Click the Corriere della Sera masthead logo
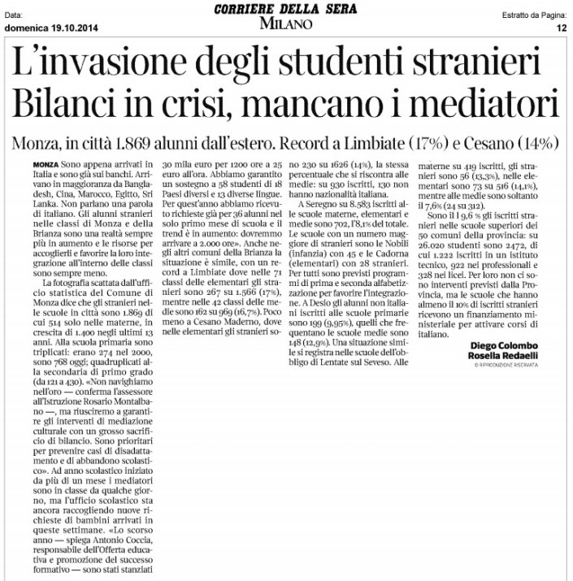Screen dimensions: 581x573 pyautogui.click(x=286, y=9)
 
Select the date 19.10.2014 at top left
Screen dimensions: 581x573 pyautogui.click(x=72, y=27)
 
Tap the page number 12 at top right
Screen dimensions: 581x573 pyautogui.click(x=560, y=27)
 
